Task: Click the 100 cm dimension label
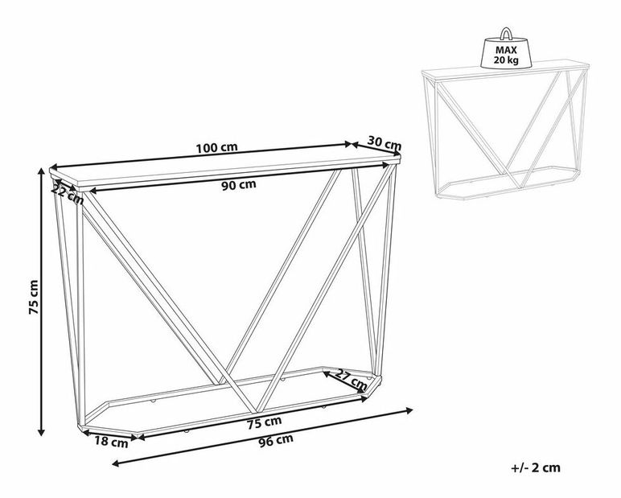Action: (x=216, y=148)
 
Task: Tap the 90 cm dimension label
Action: (x=238, y=185)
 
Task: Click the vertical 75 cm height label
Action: (x=34, y=297)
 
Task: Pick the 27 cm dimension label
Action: (x=352, y=379)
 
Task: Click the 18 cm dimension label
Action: (x=111, y=442)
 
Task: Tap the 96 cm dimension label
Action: (x=276, y=440)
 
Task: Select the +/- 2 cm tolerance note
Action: (x=536, y=468)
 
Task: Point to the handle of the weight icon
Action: (x=506, y=33)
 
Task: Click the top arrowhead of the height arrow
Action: (x=40, y=171)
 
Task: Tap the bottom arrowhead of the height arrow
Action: (x=40, y=431)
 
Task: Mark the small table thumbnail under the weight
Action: (x=506, y=130)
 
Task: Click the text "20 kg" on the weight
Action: (x=506, y=60)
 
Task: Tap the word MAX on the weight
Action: (x=506, y=51)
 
